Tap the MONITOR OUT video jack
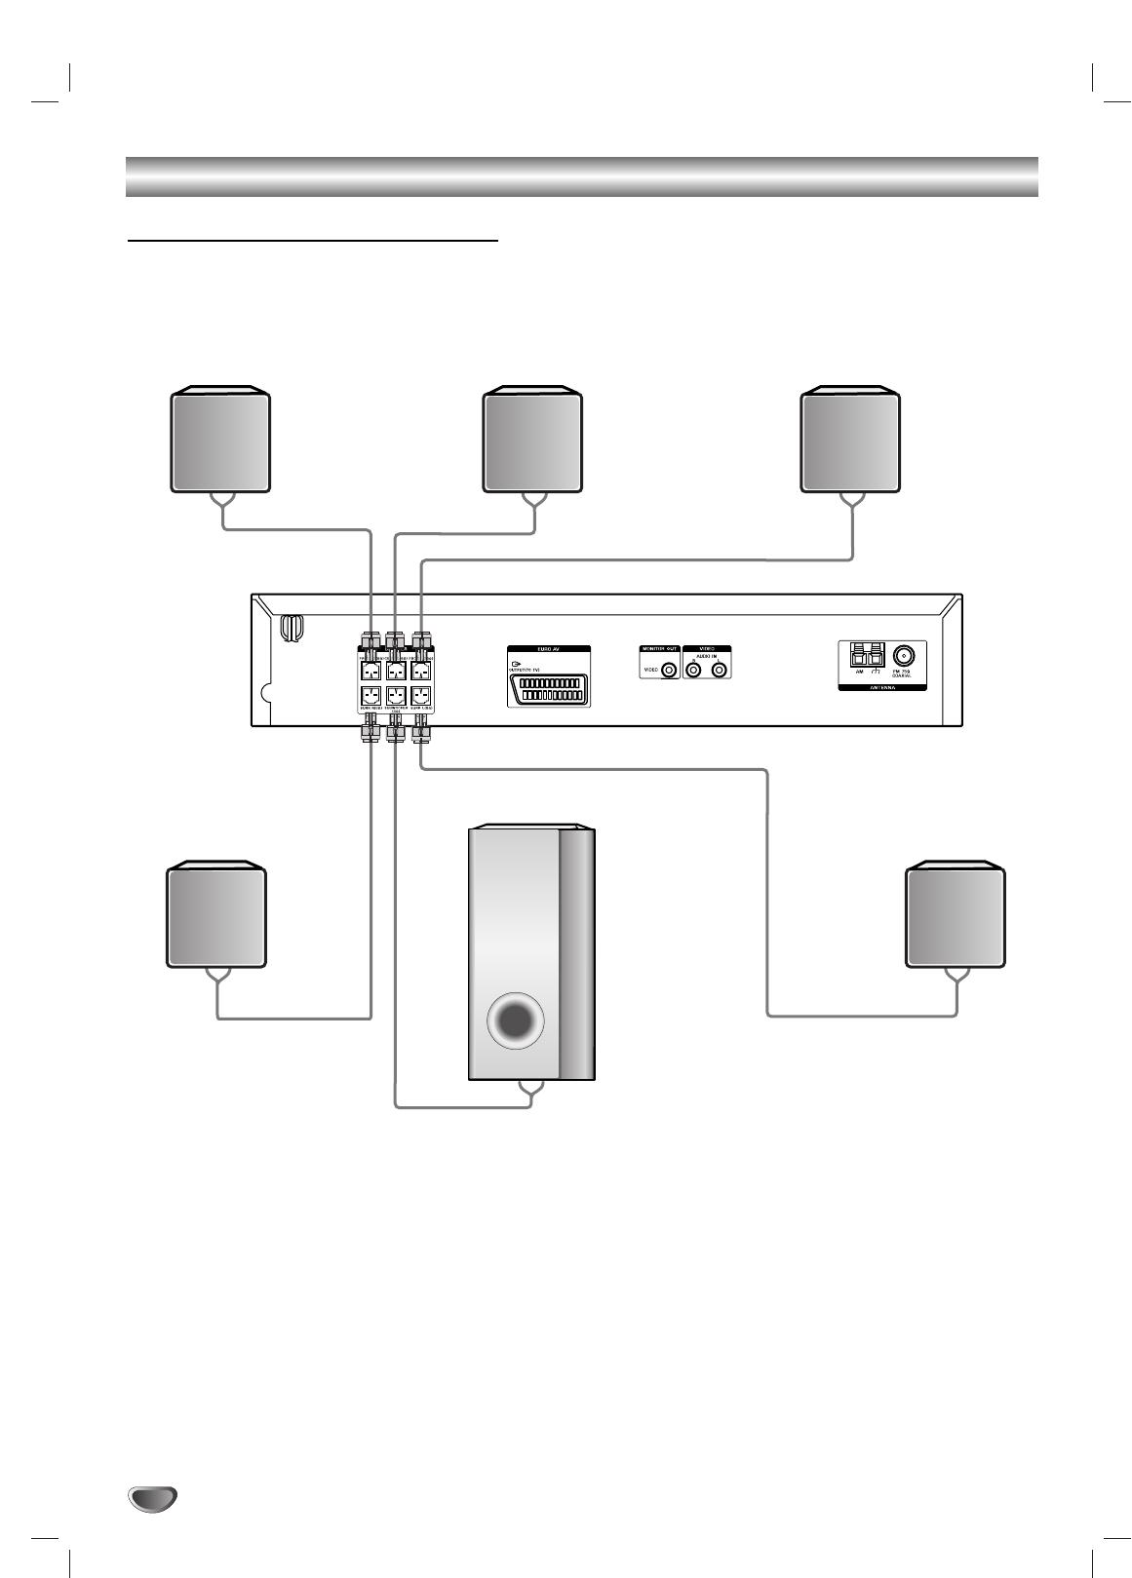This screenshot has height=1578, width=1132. (669, 671)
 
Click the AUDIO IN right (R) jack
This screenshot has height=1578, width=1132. (694, 671)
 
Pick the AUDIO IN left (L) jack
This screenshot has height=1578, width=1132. (720, 671)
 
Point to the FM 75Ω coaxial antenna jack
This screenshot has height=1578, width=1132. (906, 654)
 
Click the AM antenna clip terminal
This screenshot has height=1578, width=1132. (860, 655)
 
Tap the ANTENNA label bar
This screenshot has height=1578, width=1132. (881, 687)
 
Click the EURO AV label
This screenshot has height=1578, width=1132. (549, 648)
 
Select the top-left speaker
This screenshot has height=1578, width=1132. (220, 442)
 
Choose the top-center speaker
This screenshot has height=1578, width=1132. (532, 442)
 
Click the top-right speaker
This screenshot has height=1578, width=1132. (849, 442)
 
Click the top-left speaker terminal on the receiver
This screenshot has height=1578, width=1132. (370, 671)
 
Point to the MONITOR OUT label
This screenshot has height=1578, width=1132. (659, 648)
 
